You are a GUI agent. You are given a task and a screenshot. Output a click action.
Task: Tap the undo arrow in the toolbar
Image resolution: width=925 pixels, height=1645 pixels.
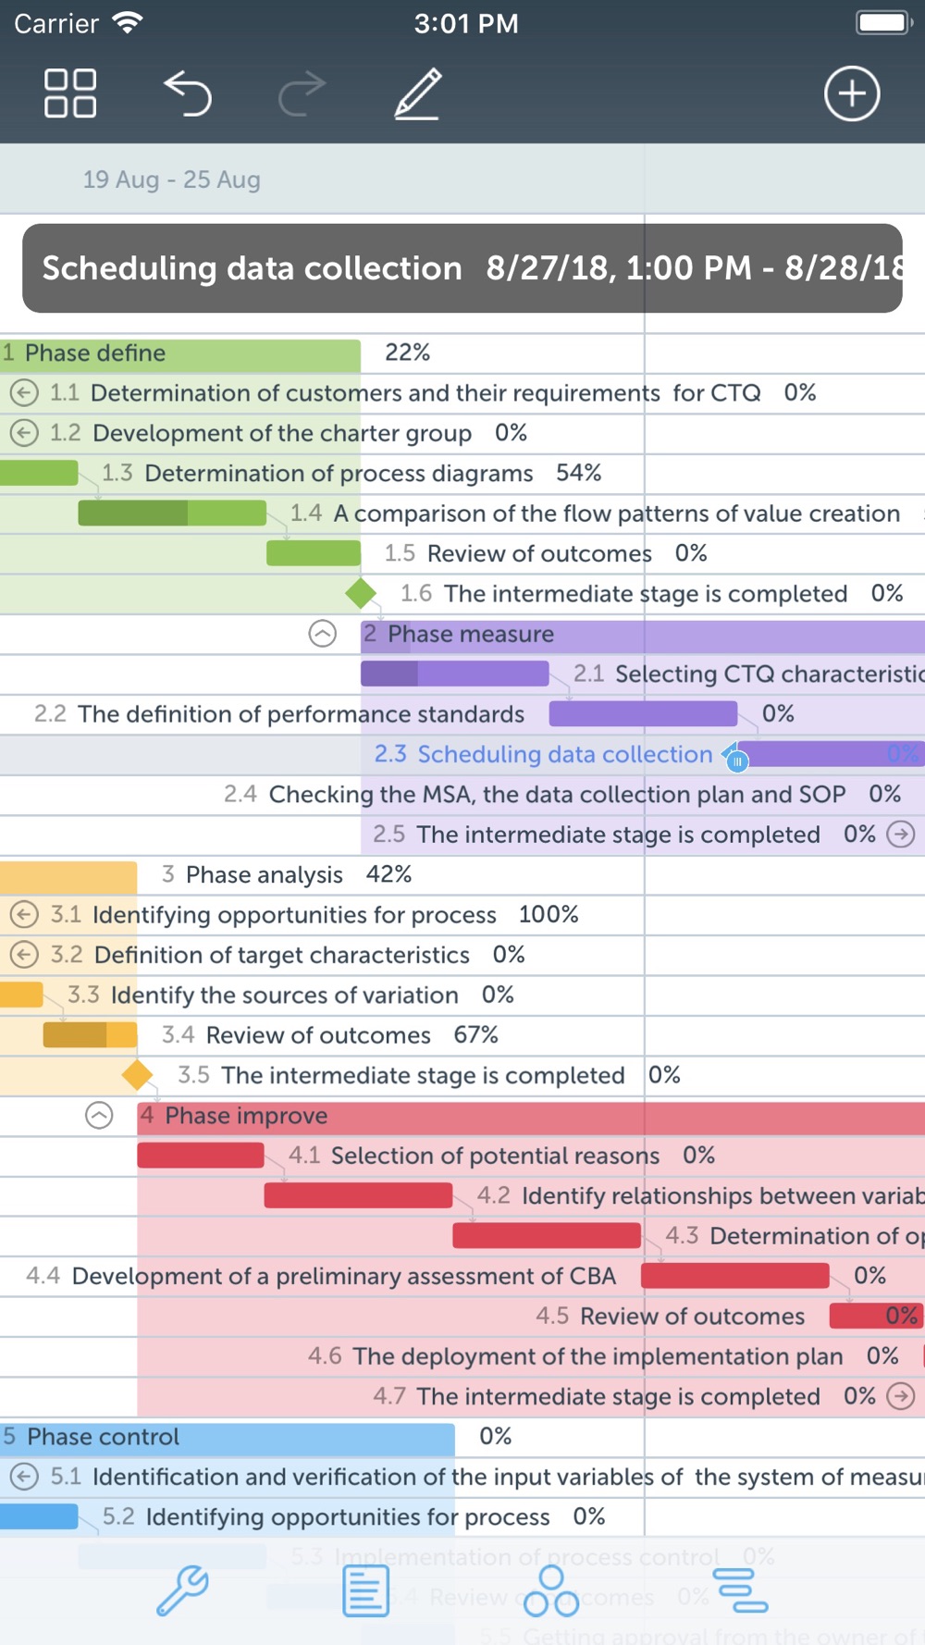189,94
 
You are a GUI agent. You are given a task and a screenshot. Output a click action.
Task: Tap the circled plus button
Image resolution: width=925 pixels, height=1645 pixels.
851,93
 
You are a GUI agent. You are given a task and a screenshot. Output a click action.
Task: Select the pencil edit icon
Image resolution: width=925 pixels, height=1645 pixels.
418,94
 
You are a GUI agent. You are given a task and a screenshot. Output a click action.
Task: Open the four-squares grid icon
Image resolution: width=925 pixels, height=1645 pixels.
70,93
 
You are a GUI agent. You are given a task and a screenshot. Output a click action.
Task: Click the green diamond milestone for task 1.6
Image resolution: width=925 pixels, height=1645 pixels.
361,593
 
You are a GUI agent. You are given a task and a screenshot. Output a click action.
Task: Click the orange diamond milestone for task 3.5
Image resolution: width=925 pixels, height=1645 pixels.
138,1075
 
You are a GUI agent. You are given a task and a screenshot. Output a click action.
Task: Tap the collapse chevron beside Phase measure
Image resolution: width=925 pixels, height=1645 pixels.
322,634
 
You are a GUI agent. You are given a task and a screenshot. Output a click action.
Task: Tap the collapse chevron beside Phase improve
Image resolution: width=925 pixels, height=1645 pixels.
99,1116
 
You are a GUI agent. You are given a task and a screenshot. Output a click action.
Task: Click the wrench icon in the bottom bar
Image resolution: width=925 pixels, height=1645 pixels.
182,1590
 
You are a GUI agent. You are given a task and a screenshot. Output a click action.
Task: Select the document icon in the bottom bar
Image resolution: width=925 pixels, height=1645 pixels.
365,1591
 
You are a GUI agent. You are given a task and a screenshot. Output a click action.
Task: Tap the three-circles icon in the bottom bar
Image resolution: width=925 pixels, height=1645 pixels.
551,1591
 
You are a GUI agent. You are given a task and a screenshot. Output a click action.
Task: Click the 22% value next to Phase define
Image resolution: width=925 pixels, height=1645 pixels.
407,352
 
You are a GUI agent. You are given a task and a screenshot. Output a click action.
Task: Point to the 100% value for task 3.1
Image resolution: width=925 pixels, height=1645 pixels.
549,914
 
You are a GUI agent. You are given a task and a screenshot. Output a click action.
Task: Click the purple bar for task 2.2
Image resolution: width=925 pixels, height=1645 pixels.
643,713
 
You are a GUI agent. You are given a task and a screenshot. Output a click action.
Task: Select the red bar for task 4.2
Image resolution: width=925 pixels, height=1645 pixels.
358,1195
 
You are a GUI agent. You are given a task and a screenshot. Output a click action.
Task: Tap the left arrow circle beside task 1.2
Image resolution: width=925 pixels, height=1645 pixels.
24,433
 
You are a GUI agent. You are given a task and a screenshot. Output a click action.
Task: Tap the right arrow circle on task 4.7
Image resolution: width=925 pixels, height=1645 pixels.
901,1396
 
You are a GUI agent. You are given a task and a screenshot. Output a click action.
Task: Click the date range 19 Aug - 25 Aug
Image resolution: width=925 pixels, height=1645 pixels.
171,179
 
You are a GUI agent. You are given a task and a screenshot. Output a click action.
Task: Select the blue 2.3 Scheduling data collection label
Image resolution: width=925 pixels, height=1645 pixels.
543,754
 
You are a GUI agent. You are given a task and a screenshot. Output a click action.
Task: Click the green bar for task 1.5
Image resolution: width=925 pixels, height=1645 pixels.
314,553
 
